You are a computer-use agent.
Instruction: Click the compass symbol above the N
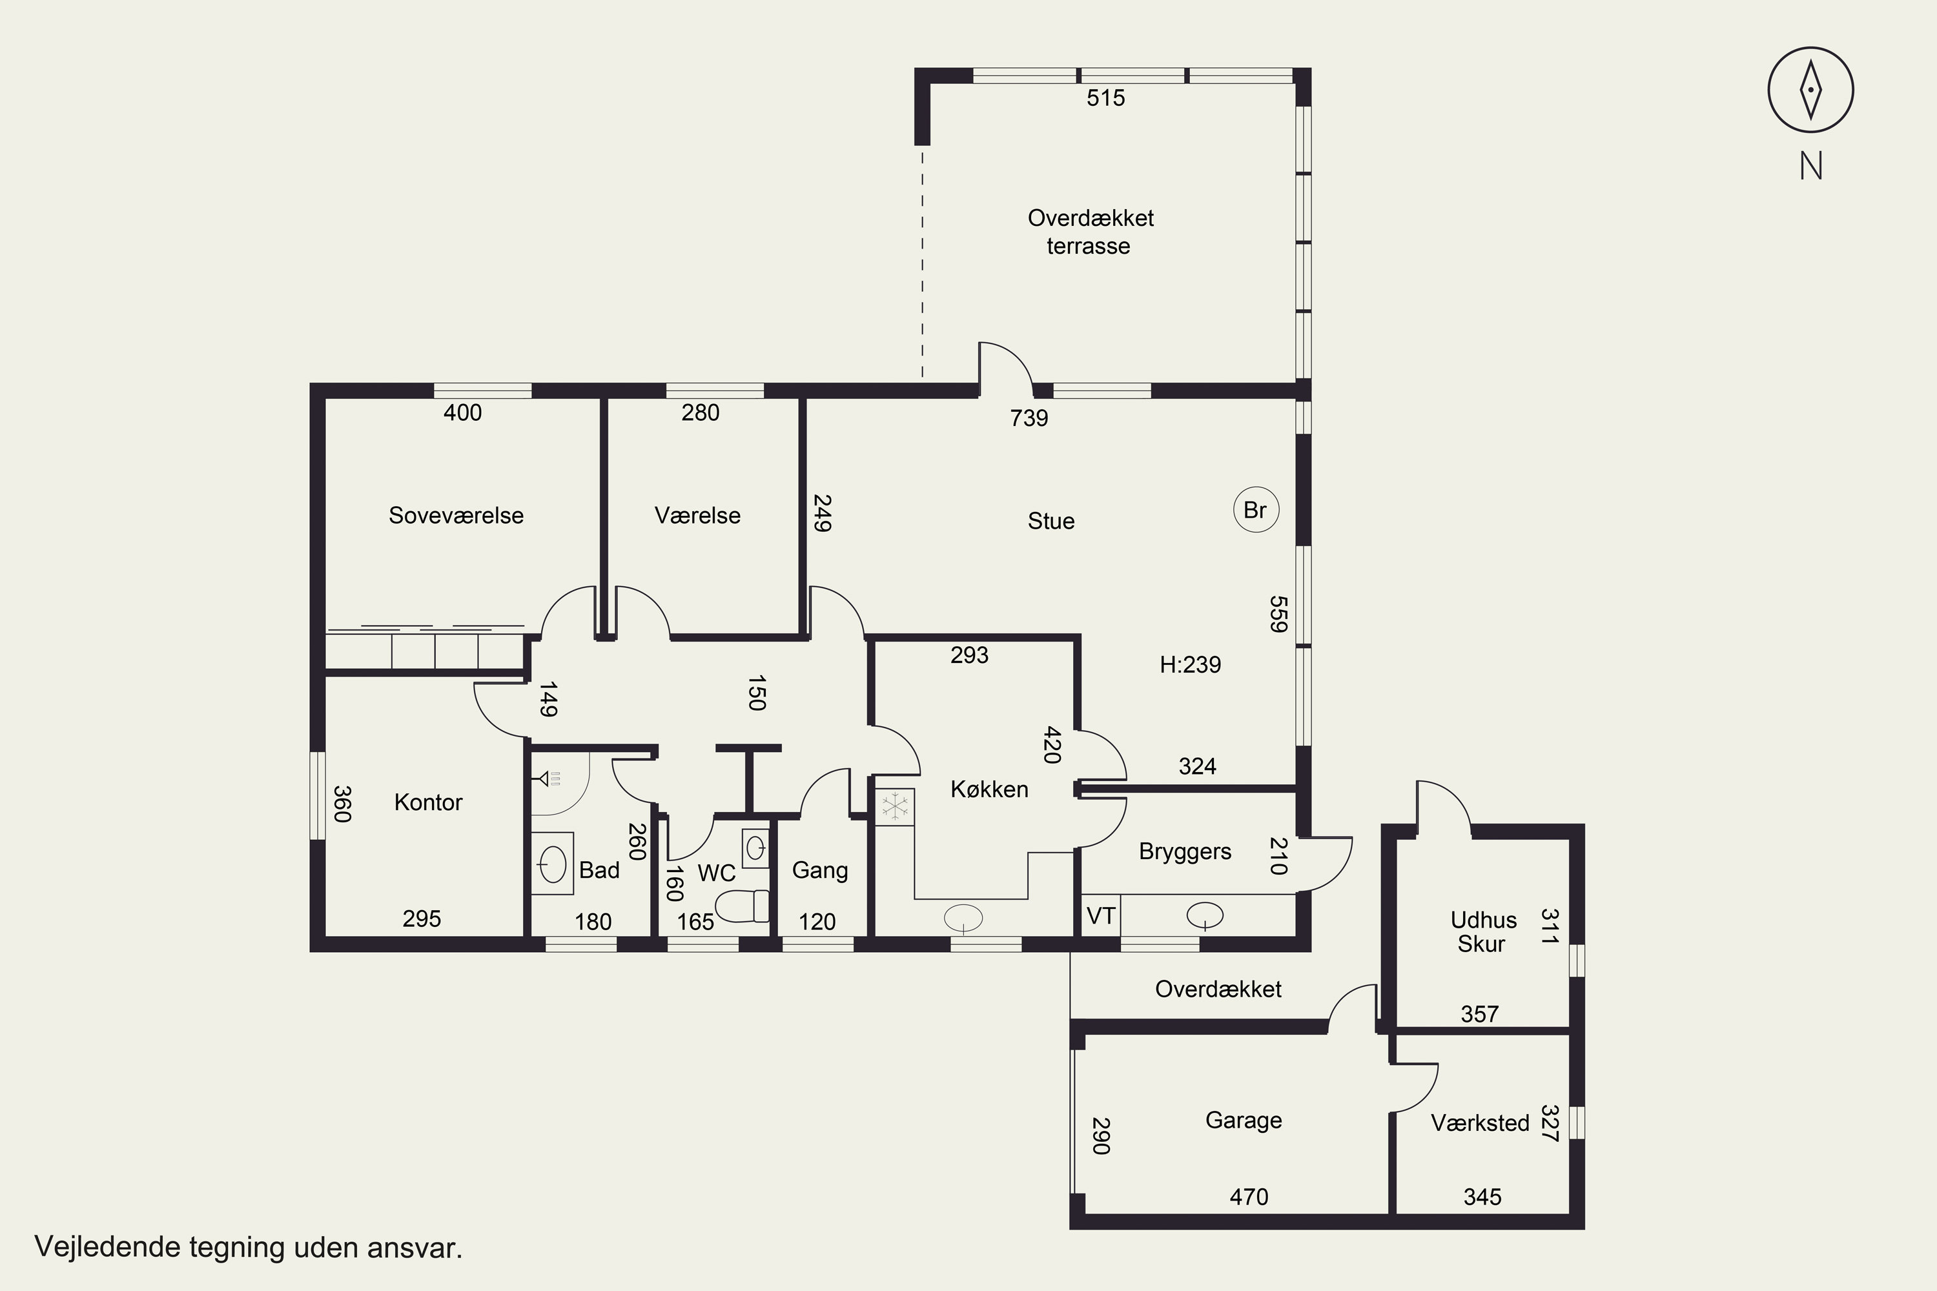(1810, 90)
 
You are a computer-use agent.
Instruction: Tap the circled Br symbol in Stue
(1256, 510)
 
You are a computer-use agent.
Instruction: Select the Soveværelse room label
(456, 515)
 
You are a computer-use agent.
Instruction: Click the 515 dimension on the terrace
(1105, 98)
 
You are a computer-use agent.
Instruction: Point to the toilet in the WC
(742, 906)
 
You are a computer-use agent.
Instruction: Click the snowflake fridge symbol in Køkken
(894, 806)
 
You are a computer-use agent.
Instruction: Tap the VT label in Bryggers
(1101, 915)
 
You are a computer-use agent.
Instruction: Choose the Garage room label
(1244, 1120)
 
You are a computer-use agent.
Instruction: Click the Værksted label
(1480, 1123)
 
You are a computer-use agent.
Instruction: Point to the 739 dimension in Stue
(1029, 418)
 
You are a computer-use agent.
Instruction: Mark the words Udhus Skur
(1483, 931)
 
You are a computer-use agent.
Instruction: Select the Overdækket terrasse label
(1091, 232)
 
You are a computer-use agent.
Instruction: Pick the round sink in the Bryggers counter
(1205, 915)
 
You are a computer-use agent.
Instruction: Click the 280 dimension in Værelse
(700, 412)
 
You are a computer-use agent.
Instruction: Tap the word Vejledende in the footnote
(108, 1247)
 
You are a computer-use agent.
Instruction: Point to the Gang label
(819, 871)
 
